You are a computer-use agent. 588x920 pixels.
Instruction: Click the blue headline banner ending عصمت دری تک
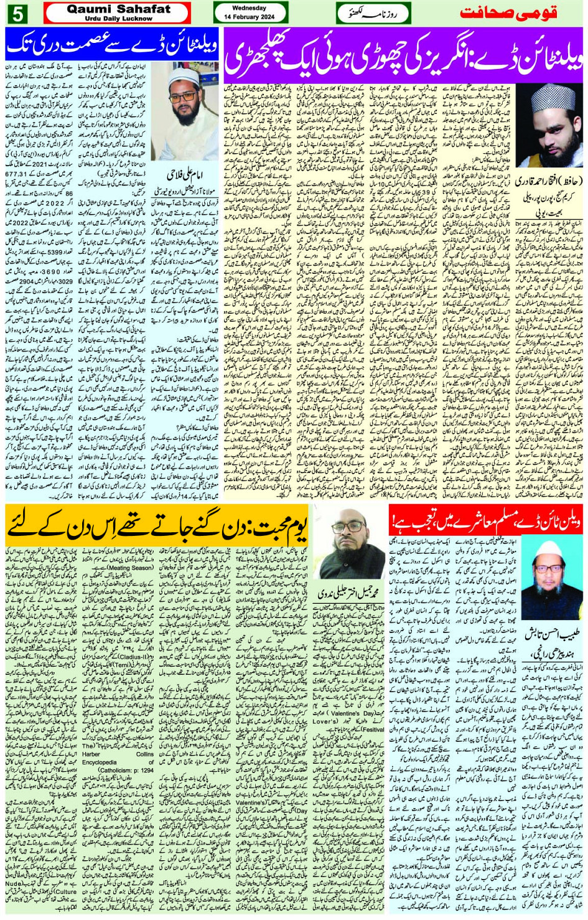pyautogui.click(x=112, y=45)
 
